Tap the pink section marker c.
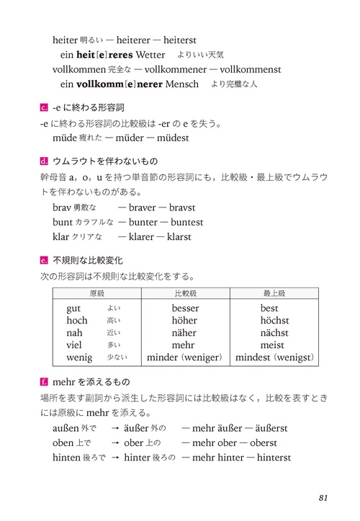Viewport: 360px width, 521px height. (45, 108)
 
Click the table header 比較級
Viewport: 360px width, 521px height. (185, 294)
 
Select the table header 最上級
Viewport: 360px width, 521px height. (274, 294)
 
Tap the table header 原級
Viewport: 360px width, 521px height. (97, 294)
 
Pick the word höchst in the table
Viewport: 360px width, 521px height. (274, 321)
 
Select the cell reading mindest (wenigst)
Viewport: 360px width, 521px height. (274, 357)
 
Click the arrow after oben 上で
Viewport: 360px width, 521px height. (114, 443)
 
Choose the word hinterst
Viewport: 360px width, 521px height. (270, 458)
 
